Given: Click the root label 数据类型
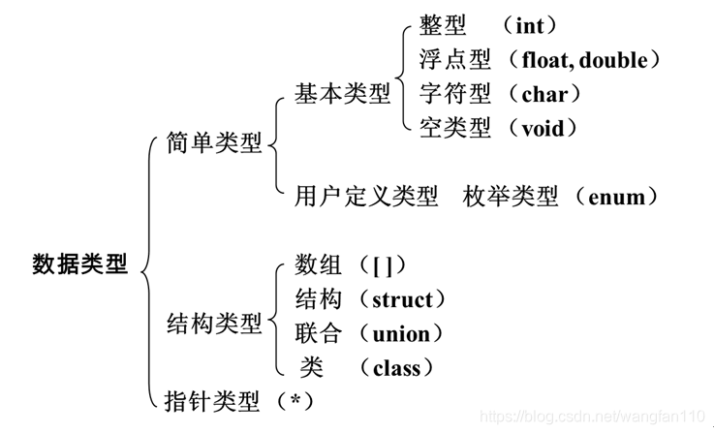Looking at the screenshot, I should pos(79,263).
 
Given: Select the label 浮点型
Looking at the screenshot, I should pos(455,60).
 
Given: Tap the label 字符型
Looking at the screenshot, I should pos(455,94).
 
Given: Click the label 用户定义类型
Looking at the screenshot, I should pos(366,197).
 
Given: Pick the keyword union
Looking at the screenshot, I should pos(401,333).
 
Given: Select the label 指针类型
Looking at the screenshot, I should pos(214,398).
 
